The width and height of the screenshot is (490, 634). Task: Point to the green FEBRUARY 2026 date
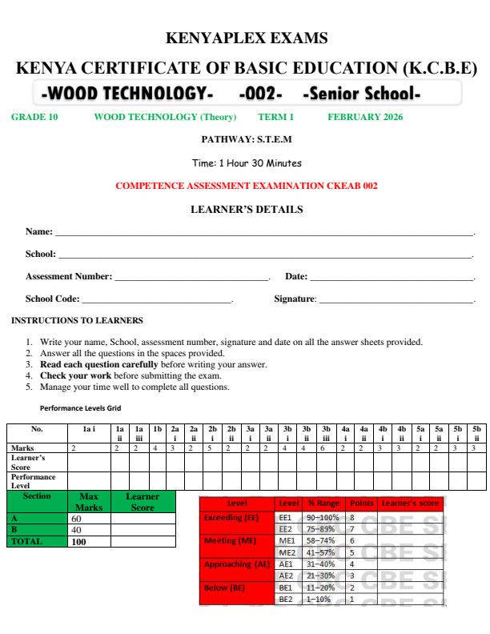pos(366,117)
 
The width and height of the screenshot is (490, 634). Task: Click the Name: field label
pos(39,231)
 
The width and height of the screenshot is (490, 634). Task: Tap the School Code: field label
pos(53,299)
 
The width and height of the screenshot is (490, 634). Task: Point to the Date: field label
pos(296,276)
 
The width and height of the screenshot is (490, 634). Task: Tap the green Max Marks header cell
pos(82,502)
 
